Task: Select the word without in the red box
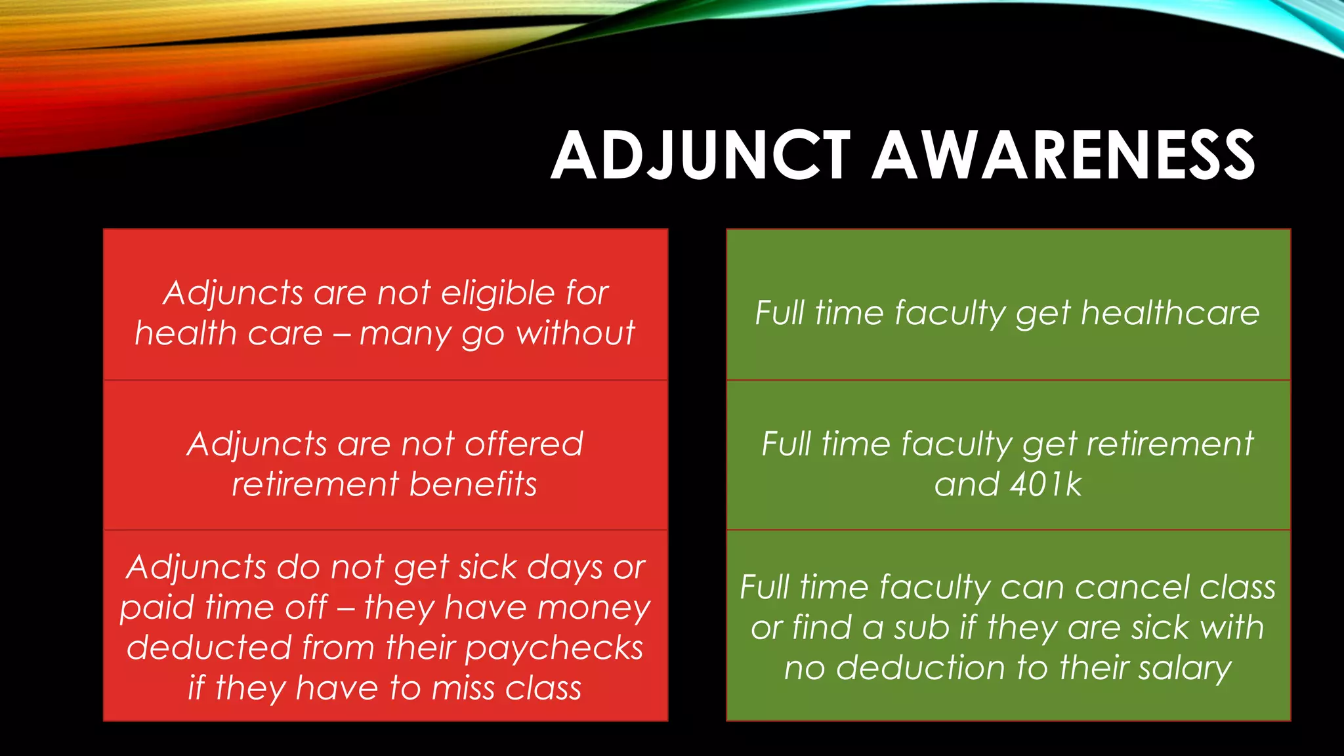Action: click(x=575, y=333)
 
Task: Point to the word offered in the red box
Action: click(x=524, y=444)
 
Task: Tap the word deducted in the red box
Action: click(x=209, y=648)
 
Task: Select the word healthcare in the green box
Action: click(x=1170, y=313)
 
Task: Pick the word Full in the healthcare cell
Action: click(x=779, y=313)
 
